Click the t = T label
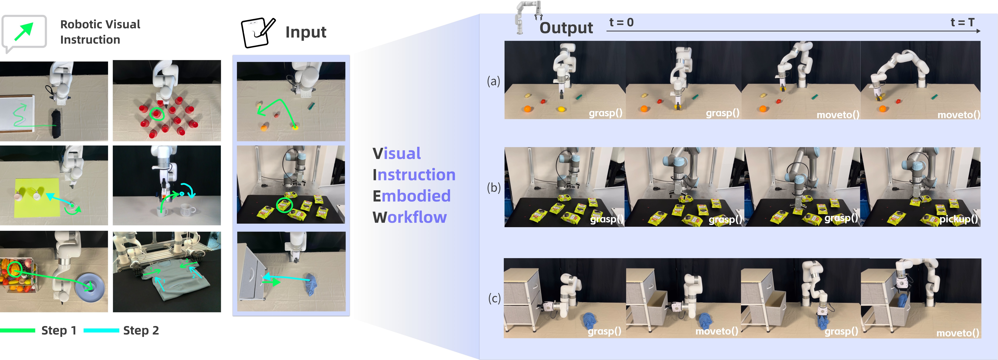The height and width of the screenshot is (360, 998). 962,22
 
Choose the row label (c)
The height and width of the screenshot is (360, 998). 494,298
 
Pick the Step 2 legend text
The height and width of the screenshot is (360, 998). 141,330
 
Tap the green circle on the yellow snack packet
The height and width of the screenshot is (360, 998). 284,205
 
